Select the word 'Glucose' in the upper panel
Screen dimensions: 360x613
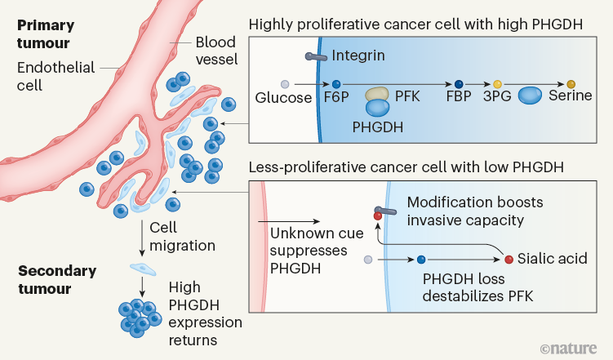(x=283, y=98)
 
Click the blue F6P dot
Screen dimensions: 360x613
(x=335, y=84)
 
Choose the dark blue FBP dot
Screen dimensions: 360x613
(x=459, y=84)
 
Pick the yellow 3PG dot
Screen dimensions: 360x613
(x=497, y=84)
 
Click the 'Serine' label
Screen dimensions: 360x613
(x=571, y=98)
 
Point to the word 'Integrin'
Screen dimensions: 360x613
(x=357, y=56)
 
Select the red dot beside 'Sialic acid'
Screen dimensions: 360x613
(x=510, y=260)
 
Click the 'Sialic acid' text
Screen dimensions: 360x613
(x=553, y=260)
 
